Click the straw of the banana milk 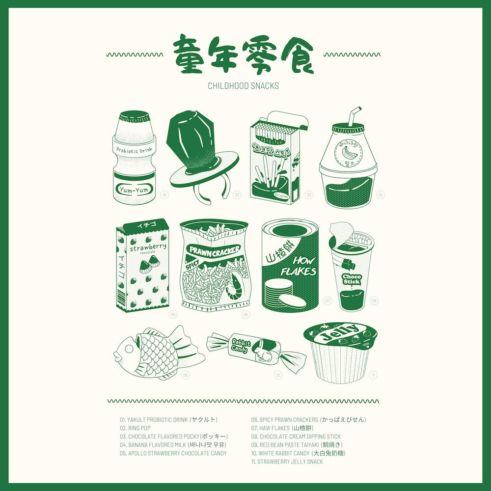[x=352, y=116]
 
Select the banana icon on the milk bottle [x=349, y=152]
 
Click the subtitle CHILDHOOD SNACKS [x=243, y=86]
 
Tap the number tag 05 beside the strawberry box [x=172, y=314]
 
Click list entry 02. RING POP [x=135, y=428]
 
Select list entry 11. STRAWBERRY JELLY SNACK [x=287, y=462]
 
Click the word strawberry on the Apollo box [x=148, y=247]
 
